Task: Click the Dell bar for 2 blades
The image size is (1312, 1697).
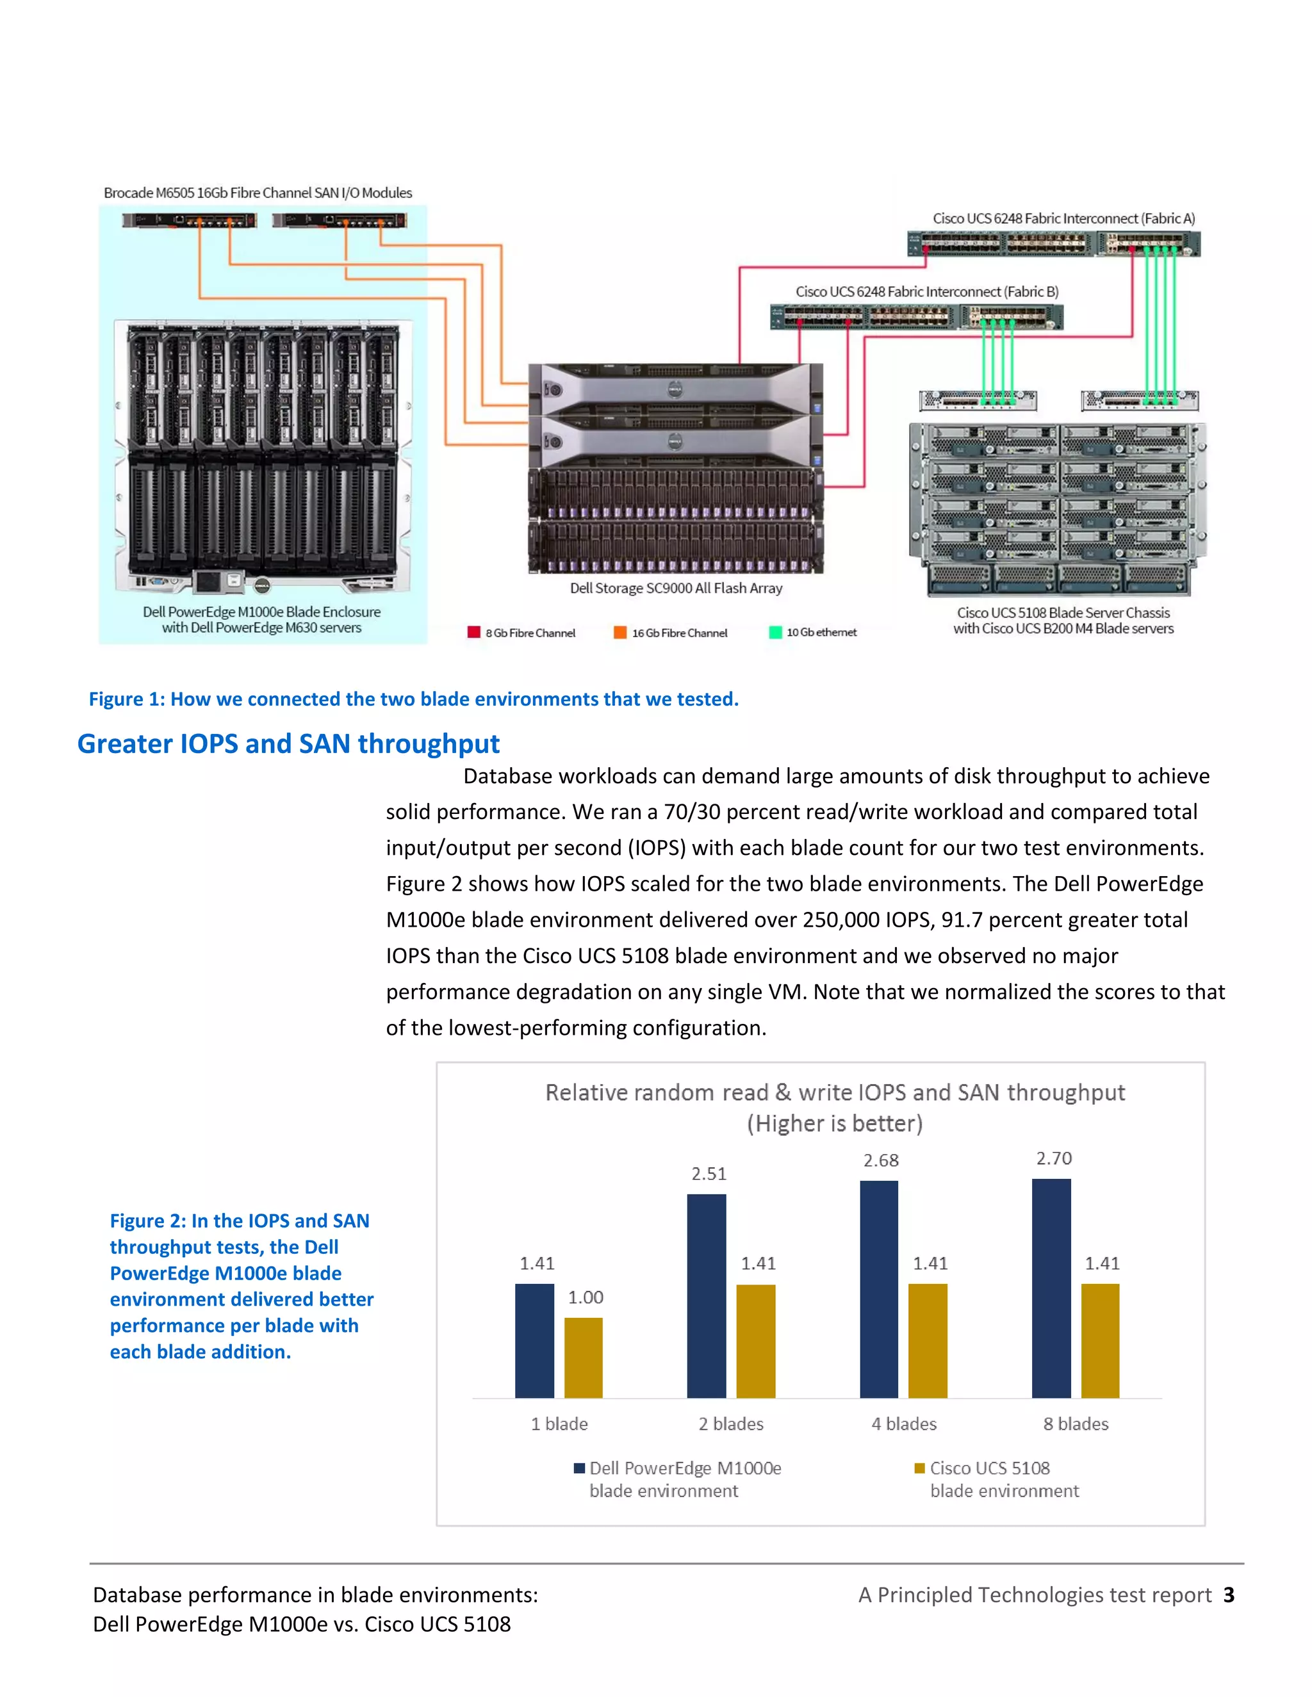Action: click(x=707, y=1295)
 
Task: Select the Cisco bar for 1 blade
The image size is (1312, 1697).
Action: click(x=583, y=1358)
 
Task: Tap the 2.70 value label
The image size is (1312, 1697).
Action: click(x=1053, y=1158)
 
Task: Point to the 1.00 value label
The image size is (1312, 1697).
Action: click(x=586, y=1297)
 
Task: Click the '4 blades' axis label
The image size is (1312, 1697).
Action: click(x=904, y=1424)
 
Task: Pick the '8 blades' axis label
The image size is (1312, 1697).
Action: click(x=1076, y=1424)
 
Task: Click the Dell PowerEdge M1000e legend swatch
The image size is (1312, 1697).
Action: click(x=579, y=1468)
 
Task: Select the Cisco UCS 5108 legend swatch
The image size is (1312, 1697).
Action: click(x=919, y=1468)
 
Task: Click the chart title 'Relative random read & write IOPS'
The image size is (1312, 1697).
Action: click(x=835, y=1092)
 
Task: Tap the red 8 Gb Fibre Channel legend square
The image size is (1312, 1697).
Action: click(x=473, y=631)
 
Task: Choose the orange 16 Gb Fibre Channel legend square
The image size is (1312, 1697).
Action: click(x=619, y=631)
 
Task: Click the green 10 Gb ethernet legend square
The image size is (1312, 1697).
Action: click(x=775, y=631)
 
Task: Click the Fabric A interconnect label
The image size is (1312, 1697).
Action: click(x=1064, y=218)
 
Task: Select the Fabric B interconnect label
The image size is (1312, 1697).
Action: click(x=926, y=291)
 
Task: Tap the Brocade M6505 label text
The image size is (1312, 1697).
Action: click(x=258, y=193)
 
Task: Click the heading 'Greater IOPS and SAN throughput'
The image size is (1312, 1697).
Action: click(x=288, y=743)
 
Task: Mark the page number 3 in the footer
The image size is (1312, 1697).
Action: click(x=1229, y=1595)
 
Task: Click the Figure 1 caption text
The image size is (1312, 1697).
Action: click(x=413, y=699)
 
